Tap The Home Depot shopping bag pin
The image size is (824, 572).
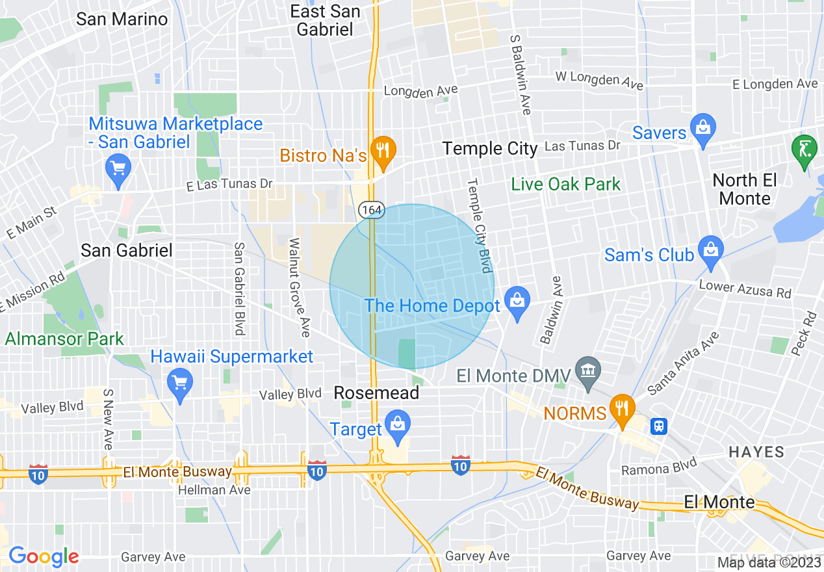pyautogui.click(x=517, y=303)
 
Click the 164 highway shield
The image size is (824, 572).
pyautogui.click(x=372, y=210)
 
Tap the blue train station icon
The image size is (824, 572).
pyautogui.click(x=659, y=426)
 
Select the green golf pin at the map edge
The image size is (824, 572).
pyautogui.click(x=805, y=149)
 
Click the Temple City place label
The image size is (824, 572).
pyautogui.click(x=490, y=149)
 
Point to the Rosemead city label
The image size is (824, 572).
pyautogui.click(x=376, y=393)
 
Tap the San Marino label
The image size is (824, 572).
pyautogui.click(x=122, y=19)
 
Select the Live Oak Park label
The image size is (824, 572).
pyautogui.click(x=566, y=185)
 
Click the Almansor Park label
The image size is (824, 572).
pyautogui.click(x=64, y=339)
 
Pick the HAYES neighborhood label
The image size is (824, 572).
pyautogui.click(x=756, y=451)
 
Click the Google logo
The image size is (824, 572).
pyautogui.click(x=44, y=556)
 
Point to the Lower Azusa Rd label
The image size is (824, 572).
pyautogui.click(x=745, y=289)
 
